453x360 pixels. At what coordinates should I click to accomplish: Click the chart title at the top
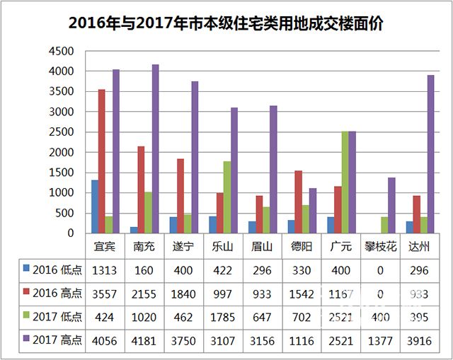[226, 23]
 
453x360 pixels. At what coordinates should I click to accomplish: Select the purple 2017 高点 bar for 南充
[155, 149]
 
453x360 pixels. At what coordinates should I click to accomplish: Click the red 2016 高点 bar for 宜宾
[102, 161]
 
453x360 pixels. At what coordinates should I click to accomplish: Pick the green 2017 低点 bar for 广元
[344, 182]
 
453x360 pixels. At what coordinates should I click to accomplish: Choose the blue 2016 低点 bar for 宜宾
[94, 206]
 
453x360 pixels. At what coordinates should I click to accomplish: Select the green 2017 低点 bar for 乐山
[226, 197]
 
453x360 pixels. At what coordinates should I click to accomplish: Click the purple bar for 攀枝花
[391, 205]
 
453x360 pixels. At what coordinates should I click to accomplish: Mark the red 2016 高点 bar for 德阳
[298, 202]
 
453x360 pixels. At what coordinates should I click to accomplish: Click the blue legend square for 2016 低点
[27, 269]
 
